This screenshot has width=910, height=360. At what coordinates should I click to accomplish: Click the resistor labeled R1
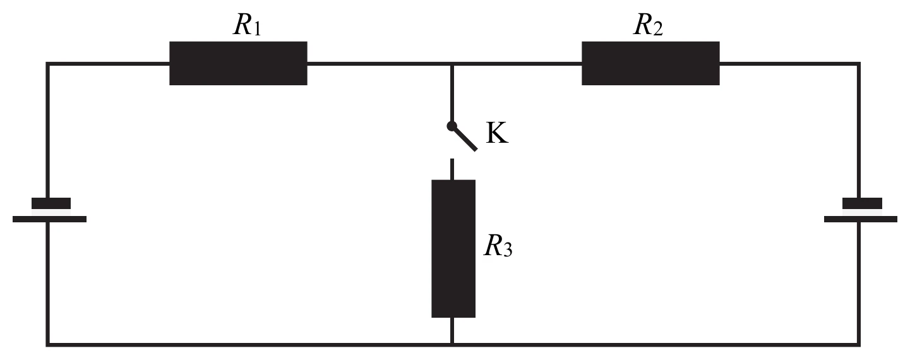click(x=238, y=63)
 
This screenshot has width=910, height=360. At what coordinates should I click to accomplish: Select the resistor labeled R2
click(x=650, y=63)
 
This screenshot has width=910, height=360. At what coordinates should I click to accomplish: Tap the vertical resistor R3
click(x=453, y=249)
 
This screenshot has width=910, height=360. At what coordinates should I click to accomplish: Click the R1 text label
click(x=247, y=25)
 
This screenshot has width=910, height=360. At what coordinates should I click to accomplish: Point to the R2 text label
click(x=649, y=25)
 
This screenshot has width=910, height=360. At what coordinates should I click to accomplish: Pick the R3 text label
click(x=498, y=246)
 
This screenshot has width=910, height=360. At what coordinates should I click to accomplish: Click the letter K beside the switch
click(x=497, y=133)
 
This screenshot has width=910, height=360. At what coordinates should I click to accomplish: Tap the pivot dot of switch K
click(x=452, y=126)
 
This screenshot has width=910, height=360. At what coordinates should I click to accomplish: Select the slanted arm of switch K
click(x=464, y=138)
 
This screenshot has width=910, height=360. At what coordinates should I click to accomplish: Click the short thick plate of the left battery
click(x=51, y=203)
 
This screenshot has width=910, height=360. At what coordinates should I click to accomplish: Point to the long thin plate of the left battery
click(x=49, y=219)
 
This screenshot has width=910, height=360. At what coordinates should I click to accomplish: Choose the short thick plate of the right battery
click(x=862, y=203)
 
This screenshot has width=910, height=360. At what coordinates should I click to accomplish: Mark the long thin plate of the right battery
click(x=861, y=219)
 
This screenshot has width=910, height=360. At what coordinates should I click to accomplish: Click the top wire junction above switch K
click(x=452, y=64)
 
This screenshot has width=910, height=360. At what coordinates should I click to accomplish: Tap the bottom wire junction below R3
click(x=452, y=345)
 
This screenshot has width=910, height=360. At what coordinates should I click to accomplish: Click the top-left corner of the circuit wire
click(x=47, y=64)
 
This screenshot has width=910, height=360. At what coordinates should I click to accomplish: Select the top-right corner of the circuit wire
click(x=858, y=64)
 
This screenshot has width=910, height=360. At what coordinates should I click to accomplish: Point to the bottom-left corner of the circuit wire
click(x=47, y=345)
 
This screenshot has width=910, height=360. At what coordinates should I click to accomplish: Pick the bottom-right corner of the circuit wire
click(x=858, y=345)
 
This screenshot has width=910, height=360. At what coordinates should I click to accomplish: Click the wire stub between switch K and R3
click(x=452, y=169)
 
